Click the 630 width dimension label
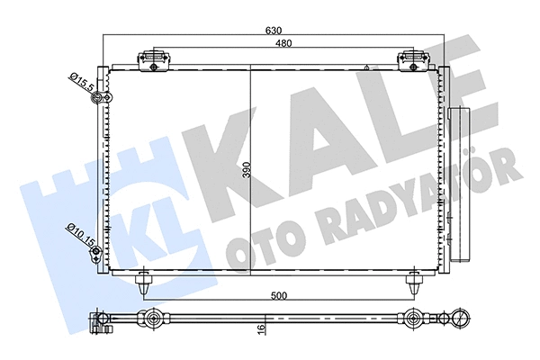point(273,31)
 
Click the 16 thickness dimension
point(260,330)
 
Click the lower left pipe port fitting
point(95,255)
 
